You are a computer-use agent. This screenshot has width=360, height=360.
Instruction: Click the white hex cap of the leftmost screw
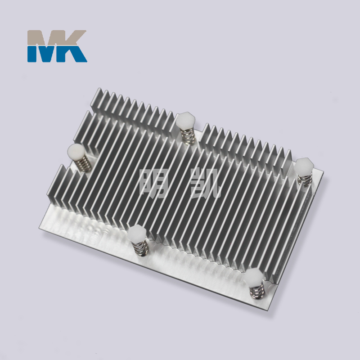76,152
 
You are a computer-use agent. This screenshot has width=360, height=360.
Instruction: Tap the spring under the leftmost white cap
85,163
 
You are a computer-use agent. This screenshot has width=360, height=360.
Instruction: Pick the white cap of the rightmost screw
304,166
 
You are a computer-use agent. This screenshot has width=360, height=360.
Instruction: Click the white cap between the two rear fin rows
185,121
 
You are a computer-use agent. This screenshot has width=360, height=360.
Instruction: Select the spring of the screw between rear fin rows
188,136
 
